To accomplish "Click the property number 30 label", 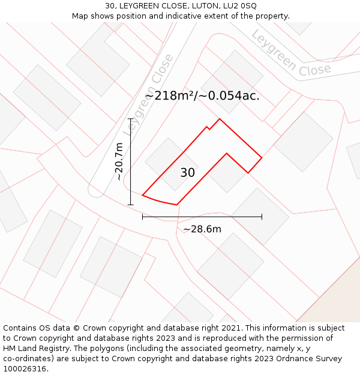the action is [187, 173].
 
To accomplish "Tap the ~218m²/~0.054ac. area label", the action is [202, 95].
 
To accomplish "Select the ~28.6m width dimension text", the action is [202, 229].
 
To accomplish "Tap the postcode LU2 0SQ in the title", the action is [239, 5].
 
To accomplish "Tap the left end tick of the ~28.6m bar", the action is [142, 217].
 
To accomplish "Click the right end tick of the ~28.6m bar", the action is [262, 217].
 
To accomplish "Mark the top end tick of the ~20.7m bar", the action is [130, 119].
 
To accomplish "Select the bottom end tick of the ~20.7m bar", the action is [130, 205].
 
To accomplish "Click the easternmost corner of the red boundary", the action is [262, 158].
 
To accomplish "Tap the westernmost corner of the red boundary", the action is [142, 195].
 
